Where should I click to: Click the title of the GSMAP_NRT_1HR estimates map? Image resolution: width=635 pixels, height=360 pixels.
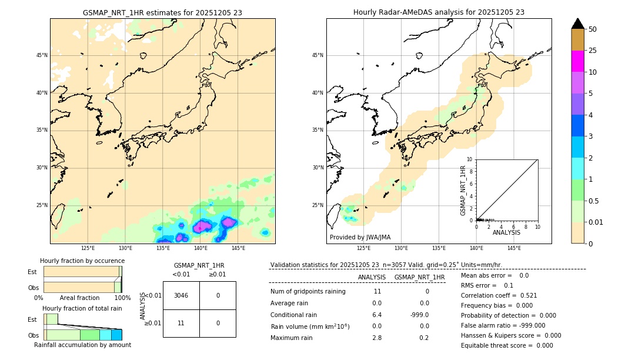pyautogui.click(x=162, y=12)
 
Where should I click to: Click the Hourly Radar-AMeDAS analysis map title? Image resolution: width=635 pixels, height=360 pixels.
pyautogui.click(x=439, y=12)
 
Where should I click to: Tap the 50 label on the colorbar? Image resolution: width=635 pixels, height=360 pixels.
pyautogui.click(x=593, y=29)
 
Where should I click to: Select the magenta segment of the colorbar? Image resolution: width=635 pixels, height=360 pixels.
pyautogui.click(x=577, y=61)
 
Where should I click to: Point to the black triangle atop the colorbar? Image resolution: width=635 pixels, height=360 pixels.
pyautogui.click(x=577, y=24)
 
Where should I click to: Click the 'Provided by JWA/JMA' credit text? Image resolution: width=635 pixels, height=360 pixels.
pyautogui.click(x=360, y=238)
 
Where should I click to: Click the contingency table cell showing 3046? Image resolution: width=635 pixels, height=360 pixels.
pyautogui.click(x=181, y=295)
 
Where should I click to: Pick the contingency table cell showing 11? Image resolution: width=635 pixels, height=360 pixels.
pyautogui.click(x=181, y=323)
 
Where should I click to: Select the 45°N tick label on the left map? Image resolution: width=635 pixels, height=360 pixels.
pyautogui.click(x=42, y=55)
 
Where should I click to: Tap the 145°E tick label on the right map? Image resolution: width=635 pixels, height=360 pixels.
pyautogui.click(x=514, y=248)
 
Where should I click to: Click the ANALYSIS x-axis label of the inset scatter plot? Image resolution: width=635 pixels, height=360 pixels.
pyautogui.click(x=506, y=233)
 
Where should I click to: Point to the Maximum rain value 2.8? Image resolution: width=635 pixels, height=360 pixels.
pyautogui.click(x=377, y=338)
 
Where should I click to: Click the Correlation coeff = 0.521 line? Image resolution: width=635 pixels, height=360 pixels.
pyautogui.click(x=499, y=295)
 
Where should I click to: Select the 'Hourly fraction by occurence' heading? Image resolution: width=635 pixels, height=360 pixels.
pyautogui.click(x=82, y=261)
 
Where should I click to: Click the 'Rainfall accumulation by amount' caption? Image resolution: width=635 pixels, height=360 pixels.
pyautogui.click(x=82, y=345)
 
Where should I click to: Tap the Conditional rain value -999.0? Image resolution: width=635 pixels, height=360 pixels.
pyautogui.click(x=419, y=315)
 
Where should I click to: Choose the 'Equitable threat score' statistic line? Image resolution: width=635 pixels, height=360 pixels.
pyautogui.click(x=507, y=345)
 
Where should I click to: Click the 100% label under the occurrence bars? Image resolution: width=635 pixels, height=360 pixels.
pyautogui.click(x=122, y=298)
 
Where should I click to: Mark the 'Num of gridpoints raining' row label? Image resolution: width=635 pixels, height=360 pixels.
pyautogui.click(x=308, y=291)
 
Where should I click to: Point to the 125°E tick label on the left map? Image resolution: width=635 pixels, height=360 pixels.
pyautogui.click(x=88, y=248)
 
